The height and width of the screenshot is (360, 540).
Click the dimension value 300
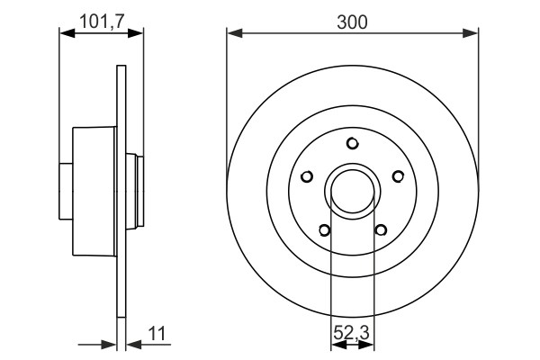[x=352, y=22]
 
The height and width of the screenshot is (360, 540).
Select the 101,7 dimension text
[x=101, y=21]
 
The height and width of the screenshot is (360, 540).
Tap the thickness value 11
[x=157, y=335]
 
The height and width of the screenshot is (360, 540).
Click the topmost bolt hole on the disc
[x=353, y=143]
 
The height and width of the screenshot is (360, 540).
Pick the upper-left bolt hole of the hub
[x=307, y=176]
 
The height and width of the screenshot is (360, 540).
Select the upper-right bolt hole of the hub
[x=398, y=176]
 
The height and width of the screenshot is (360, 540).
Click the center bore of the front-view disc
[x=353, y=191]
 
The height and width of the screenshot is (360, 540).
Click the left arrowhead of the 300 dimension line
[x=233, y=34]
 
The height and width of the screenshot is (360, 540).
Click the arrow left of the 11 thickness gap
[x=110, y=343]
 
